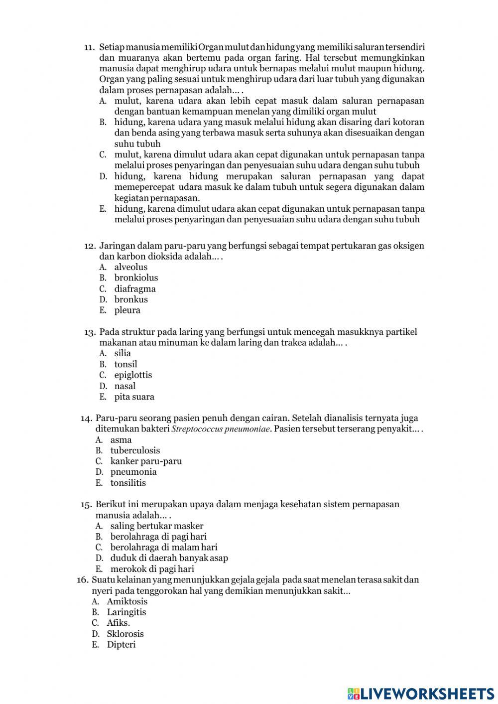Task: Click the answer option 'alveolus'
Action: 130,267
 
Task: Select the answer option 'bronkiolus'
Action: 136,278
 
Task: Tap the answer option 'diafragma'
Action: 135,289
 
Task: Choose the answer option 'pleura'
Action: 127,310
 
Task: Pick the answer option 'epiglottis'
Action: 133,375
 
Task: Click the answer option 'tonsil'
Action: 125,365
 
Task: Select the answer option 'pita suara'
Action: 134,397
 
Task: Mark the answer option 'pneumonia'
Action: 133,472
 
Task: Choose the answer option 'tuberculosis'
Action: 135,450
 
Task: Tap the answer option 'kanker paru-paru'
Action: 146,461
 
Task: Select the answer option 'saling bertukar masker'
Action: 157,526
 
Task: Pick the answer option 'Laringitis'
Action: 126,612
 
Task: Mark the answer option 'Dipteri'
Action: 121,645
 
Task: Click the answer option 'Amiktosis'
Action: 127,601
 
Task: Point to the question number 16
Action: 83,580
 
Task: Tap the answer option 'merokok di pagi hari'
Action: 152,569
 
